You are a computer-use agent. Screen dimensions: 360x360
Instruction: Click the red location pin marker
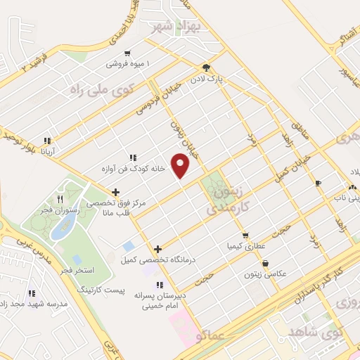click(181, 165)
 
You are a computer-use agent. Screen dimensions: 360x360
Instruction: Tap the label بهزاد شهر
click(176, 27)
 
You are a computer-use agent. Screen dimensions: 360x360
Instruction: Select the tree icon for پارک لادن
click(205, 68)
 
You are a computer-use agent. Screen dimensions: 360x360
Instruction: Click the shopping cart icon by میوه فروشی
click(127, 53)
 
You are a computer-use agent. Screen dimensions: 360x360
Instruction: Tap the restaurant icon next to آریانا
click(47, 140)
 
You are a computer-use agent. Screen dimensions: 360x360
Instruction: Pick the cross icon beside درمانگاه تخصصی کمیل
click(157, 248)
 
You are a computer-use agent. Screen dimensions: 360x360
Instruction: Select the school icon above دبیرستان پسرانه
click(161, 285)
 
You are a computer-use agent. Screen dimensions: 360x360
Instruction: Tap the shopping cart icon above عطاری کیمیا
click(245, 236)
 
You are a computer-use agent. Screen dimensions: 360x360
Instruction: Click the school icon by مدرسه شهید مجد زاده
click(30, 293)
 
